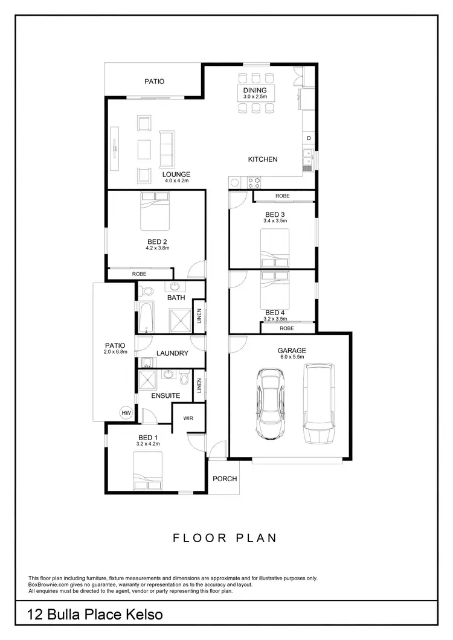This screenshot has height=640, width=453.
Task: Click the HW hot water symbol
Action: pyautogui.click(x=126, y=413)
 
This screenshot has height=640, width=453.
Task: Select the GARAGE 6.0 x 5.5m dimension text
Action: pyautogui.click(x=292, y=357)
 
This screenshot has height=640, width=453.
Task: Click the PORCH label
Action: pyautogui.click(x=225, y=479)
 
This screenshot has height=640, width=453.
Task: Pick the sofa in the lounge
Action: pyautogui.click(x=166, y=150)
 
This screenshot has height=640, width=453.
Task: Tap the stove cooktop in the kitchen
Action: pyautogui.click(x=254, y=181)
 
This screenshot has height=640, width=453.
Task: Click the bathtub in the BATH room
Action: pyautogui.click(x=146, y=318)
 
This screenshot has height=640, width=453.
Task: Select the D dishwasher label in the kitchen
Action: pyautogui.click(x=309, y=139)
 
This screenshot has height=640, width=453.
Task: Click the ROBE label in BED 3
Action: pyautogui.click(x=282, y=196)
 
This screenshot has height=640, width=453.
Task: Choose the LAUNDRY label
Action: pyautogui.click(x=173, y=353)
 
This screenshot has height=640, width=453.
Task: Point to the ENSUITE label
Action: pyautogui.click(x=165, y=395)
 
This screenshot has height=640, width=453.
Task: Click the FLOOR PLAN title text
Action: pyautogui.click(x=225, y=538)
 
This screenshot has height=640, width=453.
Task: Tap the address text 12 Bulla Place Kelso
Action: pyautogui.click(x=95, y=615)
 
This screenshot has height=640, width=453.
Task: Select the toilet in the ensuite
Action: pyautogui.click(x=185, y=377)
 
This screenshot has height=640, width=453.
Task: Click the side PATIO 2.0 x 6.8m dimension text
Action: pyautogui.click(x=115, y=351)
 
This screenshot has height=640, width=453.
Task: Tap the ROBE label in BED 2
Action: pyautogui.click(x=139, y=275)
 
